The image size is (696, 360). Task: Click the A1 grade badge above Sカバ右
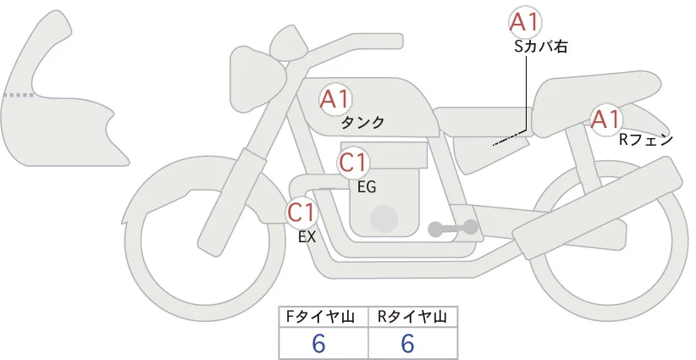[525, 22]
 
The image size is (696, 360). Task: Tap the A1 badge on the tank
[335, 99]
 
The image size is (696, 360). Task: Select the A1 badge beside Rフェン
[606, 119]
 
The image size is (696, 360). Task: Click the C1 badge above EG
[353, 163]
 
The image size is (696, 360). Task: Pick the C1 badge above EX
[301, 212]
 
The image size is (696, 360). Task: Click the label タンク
[362, 123]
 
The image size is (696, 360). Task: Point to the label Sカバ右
[541, 47]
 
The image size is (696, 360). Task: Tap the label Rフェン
[646, 140]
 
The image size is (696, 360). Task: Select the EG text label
[367, 187]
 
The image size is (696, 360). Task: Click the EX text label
[307, 237]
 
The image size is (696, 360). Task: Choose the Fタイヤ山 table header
[320, 317]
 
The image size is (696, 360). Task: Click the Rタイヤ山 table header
[412, 317]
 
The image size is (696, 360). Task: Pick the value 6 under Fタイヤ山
[318, 343]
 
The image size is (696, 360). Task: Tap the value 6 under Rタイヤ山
[407, 343]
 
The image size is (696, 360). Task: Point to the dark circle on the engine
[384, 219]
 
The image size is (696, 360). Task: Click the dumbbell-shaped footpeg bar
[453, 228]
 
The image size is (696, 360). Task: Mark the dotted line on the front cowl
[19, 95]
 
